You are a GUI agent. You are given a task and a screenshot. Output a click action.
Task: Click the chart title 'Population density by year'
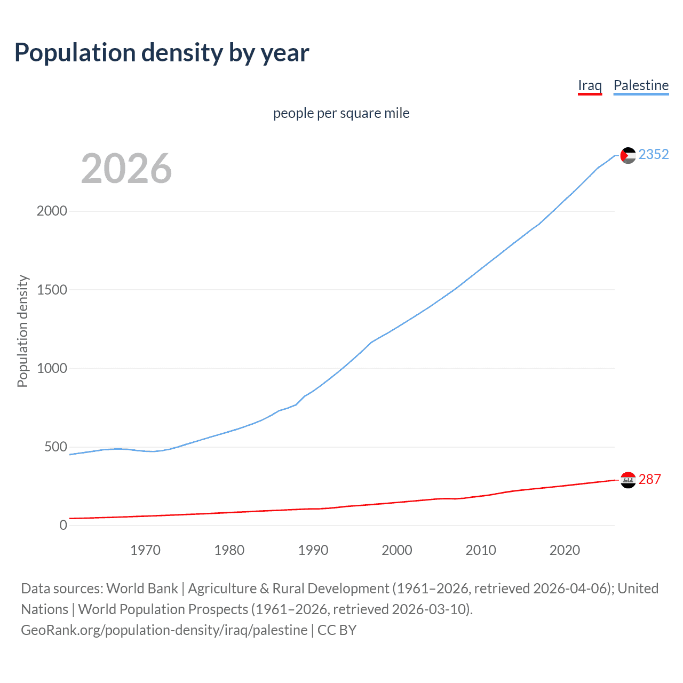(162, 53)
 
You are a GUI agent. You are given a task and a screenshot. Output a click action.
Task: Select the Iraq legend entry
(590, 85)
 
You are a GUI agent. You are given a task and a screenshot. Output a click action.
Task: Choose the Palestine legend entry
(641, 85)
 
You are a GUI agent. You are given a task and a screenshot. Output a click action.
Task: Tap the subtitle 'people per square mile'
(341, 113)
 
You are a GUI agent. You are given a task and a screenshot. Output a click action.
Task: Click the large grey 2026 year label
(126, 169)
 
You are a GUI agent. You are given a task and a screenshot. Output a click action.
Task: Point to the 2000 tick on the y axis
(52, 211)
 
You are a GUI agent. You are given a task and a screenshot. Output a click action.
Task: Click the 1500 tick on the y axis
(52, 290)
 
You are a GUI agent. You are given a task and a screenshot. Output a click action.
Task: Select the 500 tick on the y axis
(55, 447)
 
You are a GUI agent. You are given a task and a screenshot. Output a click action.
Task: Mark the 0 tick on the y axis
(63, 525)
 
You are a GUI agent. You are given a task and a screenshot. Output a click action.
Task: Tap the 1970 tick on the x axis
(145, 550)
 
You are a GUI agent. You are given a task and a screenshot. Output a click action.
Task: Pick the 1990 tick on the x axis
(313, 550)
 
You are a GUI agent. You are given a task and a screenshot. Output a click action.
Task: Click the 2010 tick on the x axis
(481, 550)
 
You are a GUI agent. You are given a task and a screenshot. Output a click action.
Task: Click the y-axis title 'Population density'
(22, 331)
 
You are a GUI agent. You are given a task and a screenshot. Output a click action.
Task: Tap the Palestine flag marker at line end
(628, 155)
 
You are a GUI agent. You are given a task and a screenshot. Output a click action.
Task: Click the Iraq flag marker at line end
(628, 480)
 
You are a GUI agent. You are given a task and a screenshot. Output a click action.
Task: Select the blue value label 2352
(654, 154)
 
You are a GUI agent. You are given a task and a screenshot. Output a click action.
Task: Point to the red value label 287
(649, 479)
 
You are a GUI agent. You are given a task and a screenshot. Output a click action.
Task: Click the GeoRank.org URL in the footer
(164, 630)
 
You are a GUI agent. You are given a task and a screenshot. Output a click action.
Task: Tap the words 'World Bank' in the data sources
(142, 589)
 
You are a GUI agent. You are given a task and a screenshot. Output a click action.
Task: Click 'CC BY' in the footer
(337, 630)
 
